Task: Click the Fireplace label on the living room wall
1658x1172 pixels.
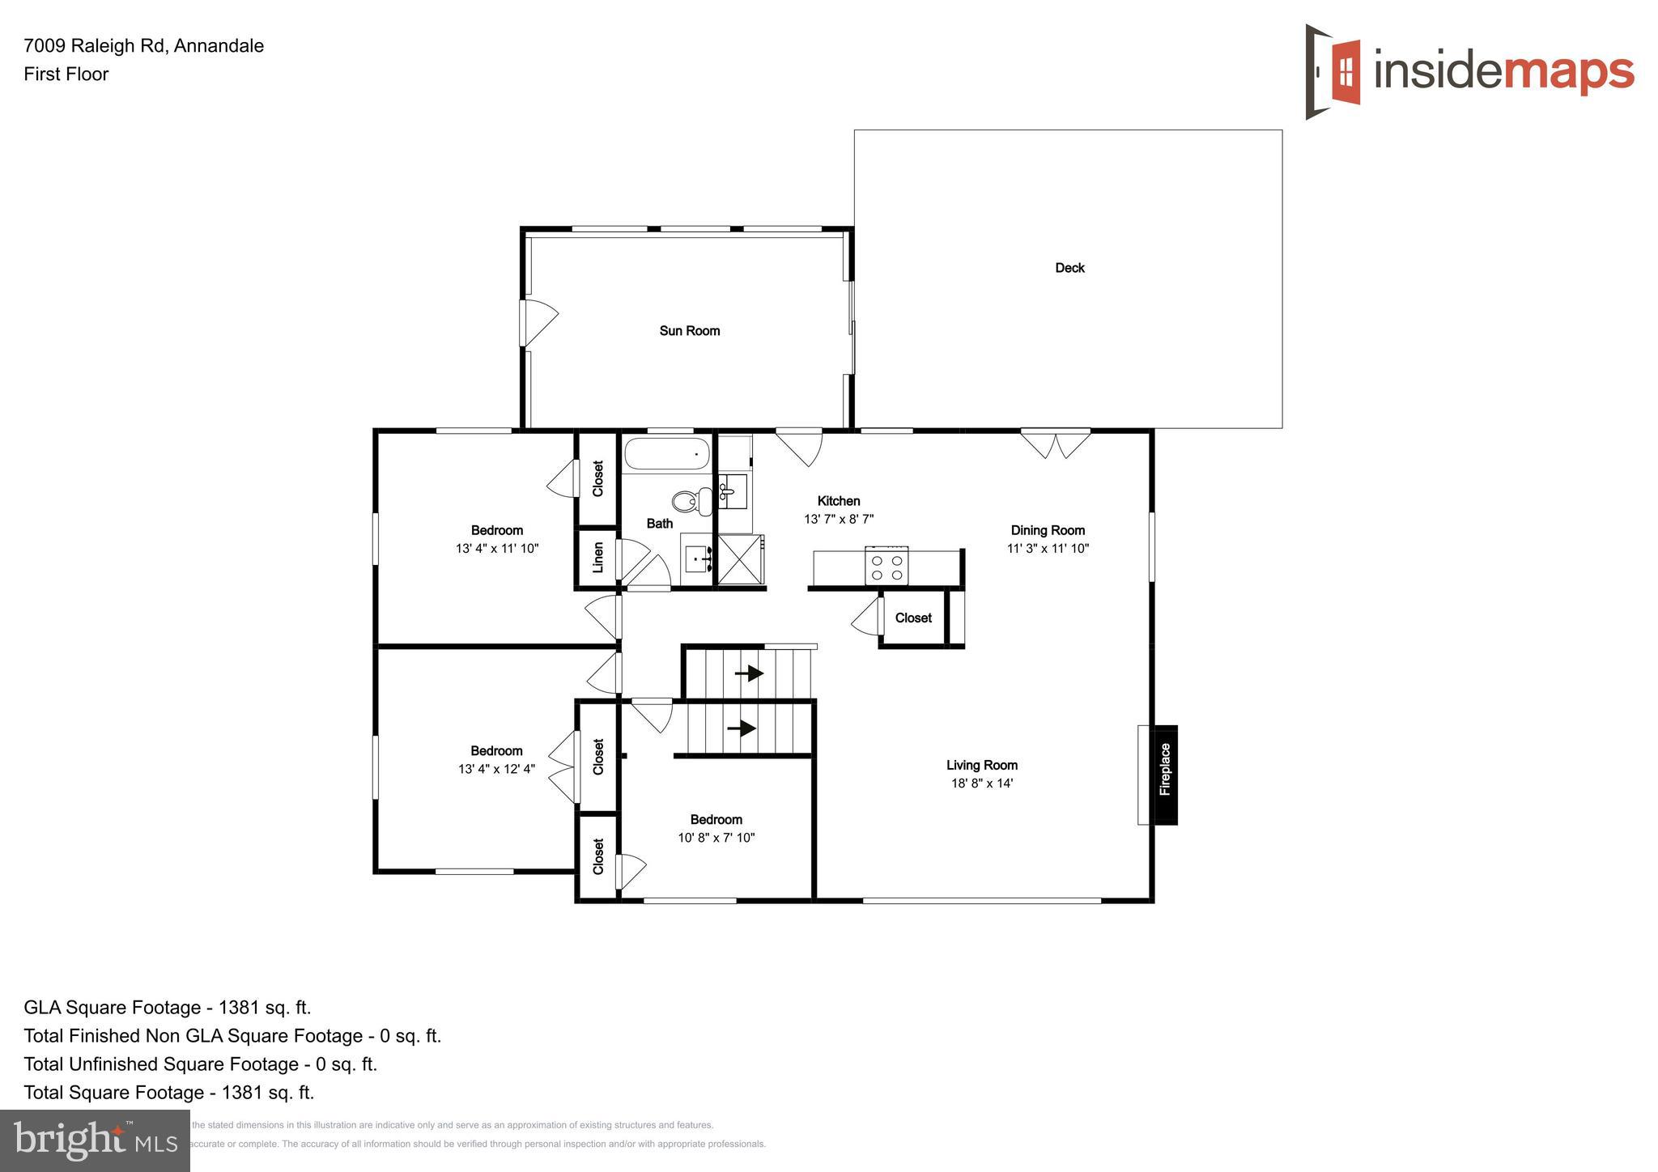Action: (1165, 770)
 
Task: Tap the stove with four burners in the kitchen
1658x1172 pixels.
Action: (886, 566)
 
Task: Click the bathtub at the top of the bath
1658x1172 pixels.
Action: (667, 455)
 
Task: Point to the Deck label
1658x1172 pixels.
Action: (1069, 268)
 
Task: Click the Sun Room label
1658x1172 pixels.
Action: (689, 330)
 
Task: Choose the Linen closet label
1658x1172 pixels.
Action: (598, 557)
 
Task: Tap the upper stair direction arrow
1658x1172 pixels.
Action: (750, 673)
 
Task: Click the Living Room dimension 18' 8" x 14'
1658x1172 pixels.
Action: (981, 783)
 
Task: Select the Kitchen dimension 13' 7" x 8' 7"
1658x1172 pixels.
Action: (838, 520)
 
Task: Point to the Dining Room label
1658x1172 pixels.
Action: (1047, 530)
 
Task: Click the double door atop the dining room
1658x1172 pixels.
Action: (1055, 444)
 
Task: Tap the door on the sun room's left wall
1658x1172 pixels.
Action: (538, 321)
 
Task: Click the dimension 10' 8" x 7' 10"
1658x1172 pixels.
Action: (716, 838)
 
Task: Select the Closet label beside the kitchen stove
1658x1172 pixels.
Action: (913, 618)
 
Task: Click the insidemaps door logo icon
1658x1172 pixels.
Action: (1333, 71)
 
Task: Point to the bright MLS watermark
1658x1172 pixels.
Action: (95, 1141)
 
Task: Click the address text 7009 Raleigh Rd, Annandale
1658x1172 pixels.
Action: (143, 46)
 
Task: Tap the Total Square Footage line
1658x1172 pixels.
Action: (168, 1092)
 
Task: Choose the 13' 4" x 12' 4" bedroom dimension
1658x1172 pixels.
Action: (496, 769)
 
